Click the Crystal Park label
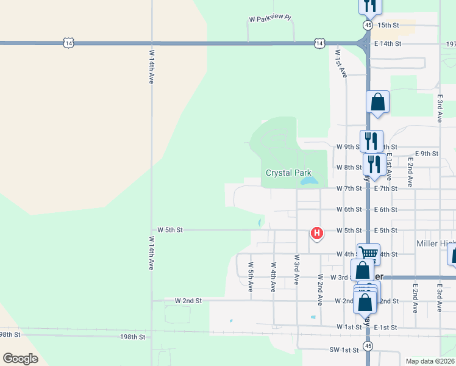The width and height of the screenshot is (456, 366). click(x=288, y=173)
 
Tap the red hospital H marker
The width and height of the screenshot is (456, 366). click(x=316, y=232)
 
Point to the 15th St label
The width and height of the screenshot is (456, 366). click(x=388, y=25)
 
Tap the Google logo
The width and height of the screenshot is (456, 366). click(x=21, y=358)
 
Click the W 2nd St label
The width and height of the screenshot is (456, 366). click(x=188, y=301)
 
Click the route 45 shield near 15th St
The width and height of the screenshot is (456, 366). click(x=368, y=25)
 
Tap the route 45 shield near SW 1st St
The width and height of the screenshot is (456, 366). click(x=368, y=346)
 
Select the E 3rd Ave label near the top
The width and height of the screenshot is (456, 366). click(x=440, y=108)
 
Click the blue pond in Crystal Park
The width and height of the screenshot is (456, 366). click(x=309, y=182)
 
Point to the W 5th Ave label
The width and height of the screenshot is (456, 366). click(x=251, y=276)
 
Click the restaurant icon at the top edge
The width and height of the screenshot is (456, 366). click(x=370, y=5)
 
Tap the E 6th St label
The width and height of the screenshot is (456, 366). click(x=385, y=210)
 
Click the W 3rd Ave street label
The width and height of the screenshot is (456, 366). click(x=296, y=270)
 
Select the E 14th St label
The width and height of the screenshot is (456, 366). click(x=388, y=44)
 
